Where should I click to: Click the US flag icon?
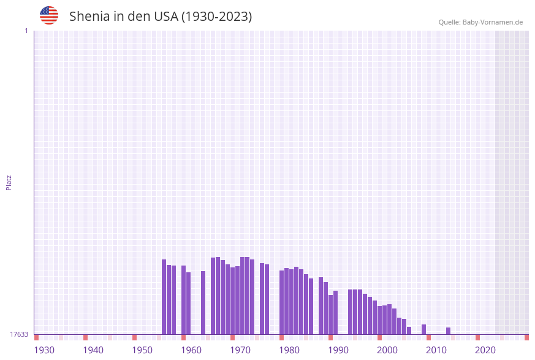point(49,15)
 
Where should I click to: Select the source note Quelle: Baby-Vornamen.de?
point(480,22)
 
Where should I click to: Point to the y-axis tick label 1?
point(26,31)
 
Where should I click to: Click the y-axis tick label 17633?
point(19,334)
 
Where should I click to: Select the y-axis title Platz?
point(9,182)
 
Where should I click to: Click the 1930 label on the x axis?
point(44,350)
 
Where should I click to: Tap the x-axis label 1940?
point(93,350)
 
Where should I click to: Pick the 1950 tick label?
point(142,350)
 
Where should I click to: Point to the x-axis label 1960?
point(191,350)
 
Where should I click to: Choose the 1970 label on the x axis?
point(240,350)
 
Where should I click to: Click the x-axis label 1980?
point(289,350)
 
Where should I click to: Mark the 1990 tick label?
point(338,350)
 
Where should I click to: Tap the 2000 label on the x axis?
point(387,350)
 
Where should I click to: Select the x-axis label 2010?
point(436,350)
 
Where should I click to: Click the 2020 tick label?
point(485,350)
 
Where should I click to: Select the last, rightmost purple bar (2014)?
point(449,331)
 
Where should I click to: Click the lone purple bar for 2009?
point(424,329)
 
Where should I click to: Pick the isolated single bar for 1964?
point(203,303)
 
